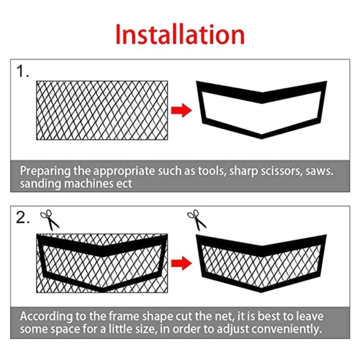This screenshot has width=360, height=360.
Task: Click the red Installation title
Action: point(180,35)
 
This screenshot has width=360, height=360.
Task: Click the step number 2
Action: point(23,218)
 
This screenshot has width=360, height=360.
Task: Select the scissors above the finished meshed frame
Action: point(197,220)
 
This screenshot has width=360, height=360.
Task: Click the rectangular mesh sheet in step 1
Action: point(102,110)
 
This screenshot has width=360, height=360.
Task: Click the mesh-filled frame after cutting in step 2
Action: point(261,261)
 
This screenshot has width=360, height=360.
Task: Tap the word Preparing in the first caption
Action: point(43,171)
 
